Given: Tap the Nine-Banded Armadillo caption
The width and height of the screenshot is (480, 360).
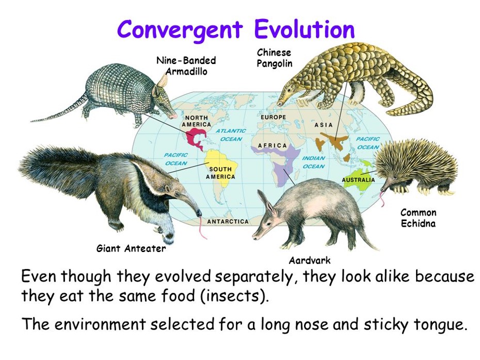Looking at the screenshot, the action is [186, 66].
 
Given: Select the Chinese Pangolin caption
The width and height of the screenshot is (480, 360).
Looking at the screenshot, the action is [274, 58].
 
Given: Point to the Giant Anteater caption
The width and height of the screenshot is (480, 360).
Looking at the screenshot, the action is [131, 248].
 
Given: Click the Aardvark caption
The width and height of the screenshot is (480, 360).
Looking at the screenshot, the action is [310, 260].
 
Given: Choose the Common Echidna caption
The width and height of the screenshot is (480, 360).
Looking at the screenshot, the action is [418, 218].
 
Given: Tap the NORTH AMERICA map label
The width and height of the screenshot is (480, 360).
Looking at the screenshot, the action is [196, 121].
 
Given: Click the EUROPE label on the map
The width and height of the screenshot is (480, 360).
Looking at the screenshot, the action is [274, 117].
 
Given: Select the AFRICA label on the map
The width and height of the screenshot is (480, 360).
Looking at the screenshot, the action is [273, 146].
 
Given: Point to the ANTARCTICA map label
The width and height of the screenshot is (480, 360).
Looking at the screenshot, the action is [228, 222].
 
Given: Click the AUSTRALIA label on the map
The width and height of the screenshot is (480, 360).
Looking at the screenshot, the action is [358, 180].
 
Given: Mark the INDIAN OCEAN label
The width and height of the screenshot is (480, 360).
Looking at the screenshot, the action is [313, 162].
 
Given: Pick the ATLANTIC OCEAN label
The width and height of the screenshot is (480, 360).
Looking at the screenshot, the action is [231, 135].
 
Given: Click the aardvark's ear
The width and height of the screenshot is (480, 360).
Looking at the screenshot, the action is [266, 202].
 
